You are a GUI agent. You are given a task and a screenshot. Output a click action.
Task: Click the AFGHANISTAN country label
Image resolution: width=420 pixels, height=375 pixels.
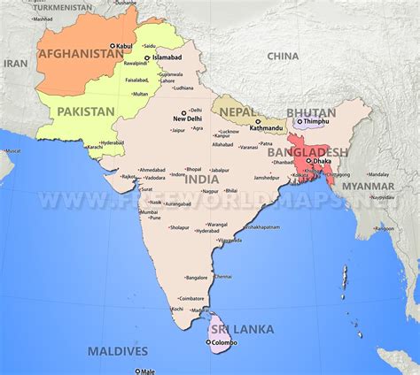tap(80, 53)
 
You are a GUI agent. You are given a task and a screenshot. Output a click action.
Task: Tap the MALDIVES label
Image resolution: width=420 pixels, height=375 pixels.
tap(118, 351)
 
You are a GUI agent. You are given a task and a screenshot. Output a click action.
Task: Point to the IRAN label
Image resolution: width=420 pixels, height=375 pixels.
tap(16, 64)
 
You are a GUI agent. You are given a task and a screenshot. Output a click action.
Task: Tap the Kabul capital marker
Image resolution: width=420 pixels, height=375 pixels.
tap(111, 45)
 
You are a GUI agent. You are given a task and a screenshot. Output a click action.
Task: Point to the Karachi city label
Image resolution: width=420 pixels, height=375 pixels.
tap(95, 147)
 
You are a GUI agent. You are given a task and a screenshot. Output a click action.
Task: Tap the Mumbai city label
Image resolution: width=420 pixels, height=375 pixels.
tap(149, 211)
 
